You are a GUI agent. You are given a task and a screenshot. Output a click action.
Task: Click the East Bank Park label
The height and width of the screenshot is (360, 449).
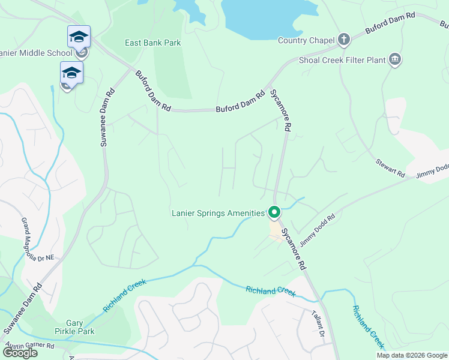(152, 43)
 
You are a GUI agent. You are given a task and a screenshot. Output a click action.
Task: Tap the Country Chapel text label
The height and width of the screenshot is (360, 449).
(306, 40)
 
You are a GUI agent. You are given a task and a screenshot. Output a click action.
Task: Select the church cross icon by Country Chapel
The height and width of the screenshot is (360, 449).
(343, 40)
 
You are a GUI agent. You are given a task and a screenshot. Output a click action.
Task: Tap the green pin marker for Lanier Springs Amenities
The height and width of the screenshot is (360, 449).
(274, 212)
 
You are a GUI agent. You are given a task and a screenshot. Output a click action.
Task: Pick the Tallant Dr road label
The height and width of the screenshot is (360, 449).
(318, 323)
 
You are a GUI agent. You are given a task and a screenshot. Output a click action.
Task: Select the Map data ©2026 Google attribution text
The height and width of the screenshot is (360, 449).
(412, 355)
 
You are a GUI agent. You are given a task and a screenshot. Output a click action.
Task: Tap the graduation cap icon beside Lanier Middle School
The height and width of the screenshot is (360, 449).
(79, 37)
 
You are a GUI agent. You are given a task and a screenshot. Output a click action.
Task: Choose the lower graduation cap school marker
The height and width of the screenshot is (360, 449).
(71, 73)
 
